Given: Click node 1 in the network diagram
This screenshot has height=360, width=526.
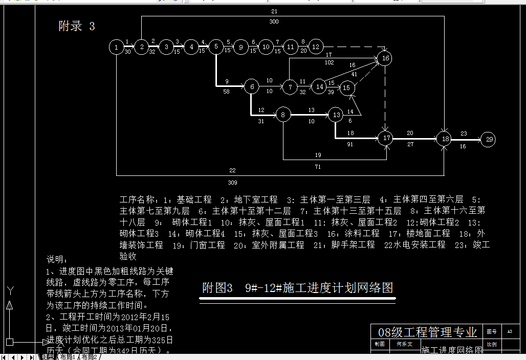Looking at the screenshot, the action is [117, 47].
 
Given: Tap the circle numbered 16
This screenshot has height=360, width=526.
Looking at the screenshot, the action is [385, 58].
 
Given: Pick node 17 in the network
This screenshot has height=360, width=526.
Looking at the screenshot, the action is [385, 138].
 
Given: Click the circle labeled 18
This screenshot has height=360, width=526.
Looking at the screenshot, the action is [444, 139].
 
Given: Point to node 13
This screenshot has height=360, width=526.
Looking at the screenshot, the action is [336, 115].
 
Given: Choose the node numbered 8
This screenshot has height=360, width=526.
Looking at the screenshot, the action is [283, 115].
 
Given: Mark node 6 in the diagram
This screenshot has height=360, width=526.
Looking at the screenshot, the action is [251, 87].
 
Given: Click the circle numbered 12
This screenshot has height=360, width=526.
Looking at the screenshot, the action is [316, 47].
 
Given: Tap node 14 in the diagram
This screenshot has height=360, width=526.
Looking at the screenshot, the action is [319, 87].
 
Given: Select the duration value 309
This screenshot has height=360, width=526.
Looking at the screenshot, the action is [232, 183].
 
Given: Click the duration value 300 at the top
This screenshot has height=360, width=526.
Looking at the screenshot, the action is [274, 22].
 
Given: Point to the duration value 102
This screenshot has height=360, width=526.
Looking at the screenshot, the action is [329, 62].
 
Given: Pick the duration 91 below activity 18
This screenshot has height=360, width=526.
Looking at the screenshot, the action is [350, 145].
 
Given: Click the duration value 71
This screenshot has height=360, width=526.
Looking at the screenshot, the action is [318, 167].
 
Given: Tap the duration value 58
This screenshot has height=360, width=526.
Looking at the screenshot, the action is [226, 92].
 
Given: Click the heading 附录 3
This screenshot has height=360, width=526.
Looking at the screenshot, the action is [77, 27].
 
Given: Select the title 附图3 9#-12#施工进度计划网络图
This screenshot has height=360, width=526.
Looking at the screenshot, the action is [297, 288].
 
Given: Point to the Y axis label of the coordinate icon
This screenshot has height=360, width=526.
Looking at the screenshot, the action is [10, 291].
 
